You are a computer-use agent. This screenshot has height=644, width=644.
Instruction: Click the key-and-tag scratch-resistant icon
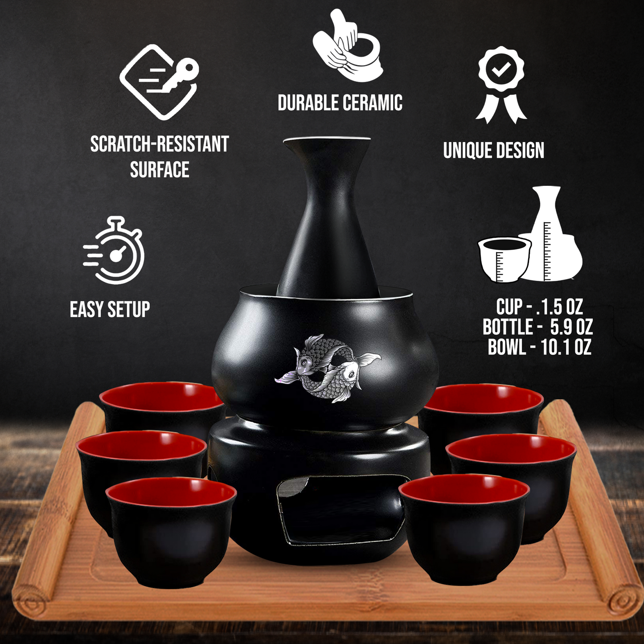[x=159, y=82]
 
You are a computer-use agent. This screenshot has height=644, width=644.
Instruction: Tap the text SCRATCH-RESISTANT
[x=160, y=144]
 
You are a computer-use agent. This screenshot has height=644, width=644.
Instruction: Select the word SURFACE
[x=160, y=169]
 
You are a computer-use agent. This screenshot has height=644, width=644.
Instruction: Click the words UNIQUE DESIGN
[x=494, y=150]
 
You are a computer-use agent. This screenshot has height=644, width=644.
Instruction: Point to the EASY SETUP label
[x=110, y=309]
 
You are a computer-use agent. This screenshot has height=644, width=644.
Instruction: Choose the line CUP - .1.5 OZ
[x=539, y=307]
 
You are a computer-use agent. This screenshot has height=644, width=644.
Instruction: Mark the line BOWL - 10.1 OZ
[x=539, y=347]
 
